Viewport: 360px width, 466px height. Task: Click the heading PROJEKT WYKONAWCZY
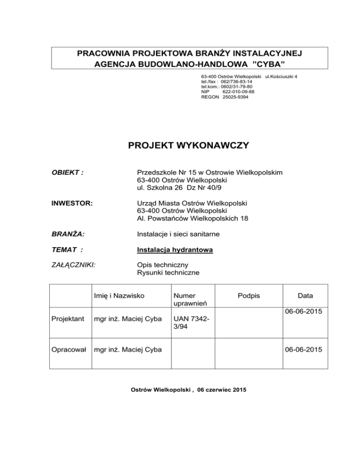click(188, 146)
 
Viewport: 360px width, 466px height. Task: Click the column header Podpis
click(248, 296)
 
